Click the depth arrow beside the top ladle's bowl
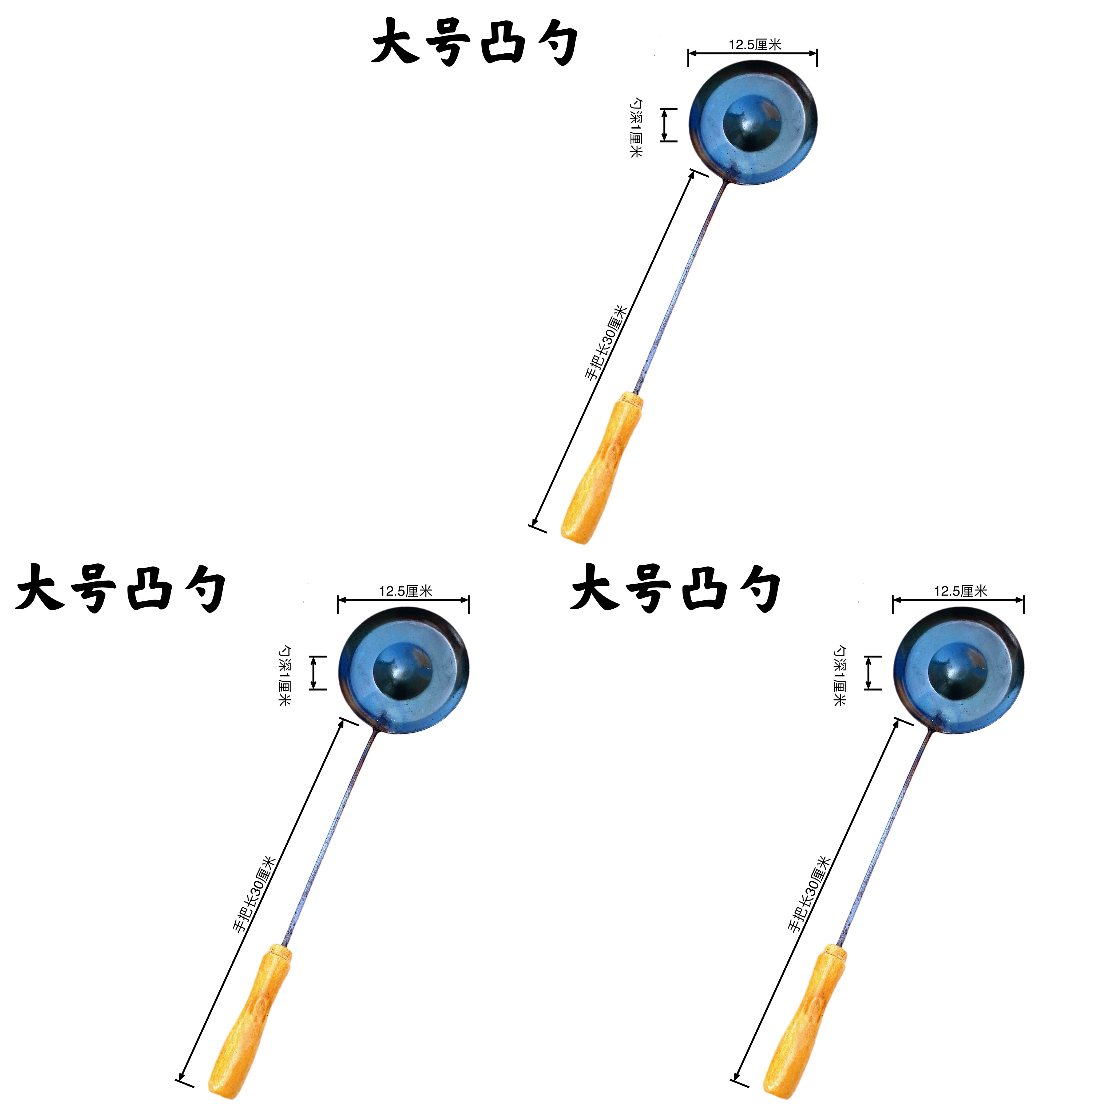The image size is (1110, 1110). pos(665,125)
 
